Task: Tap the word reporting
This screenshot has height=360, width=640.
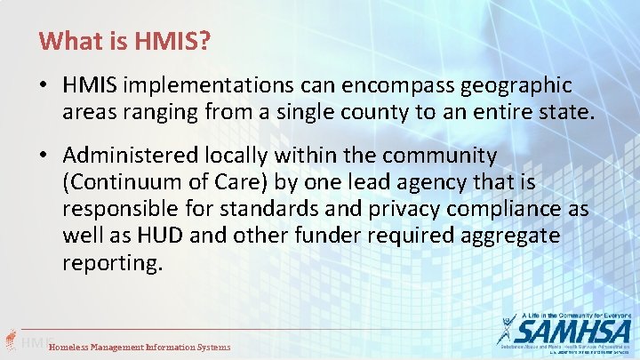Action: [113, 264]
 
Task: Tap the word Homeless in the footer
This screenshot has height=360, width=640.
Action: [72, 347]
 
